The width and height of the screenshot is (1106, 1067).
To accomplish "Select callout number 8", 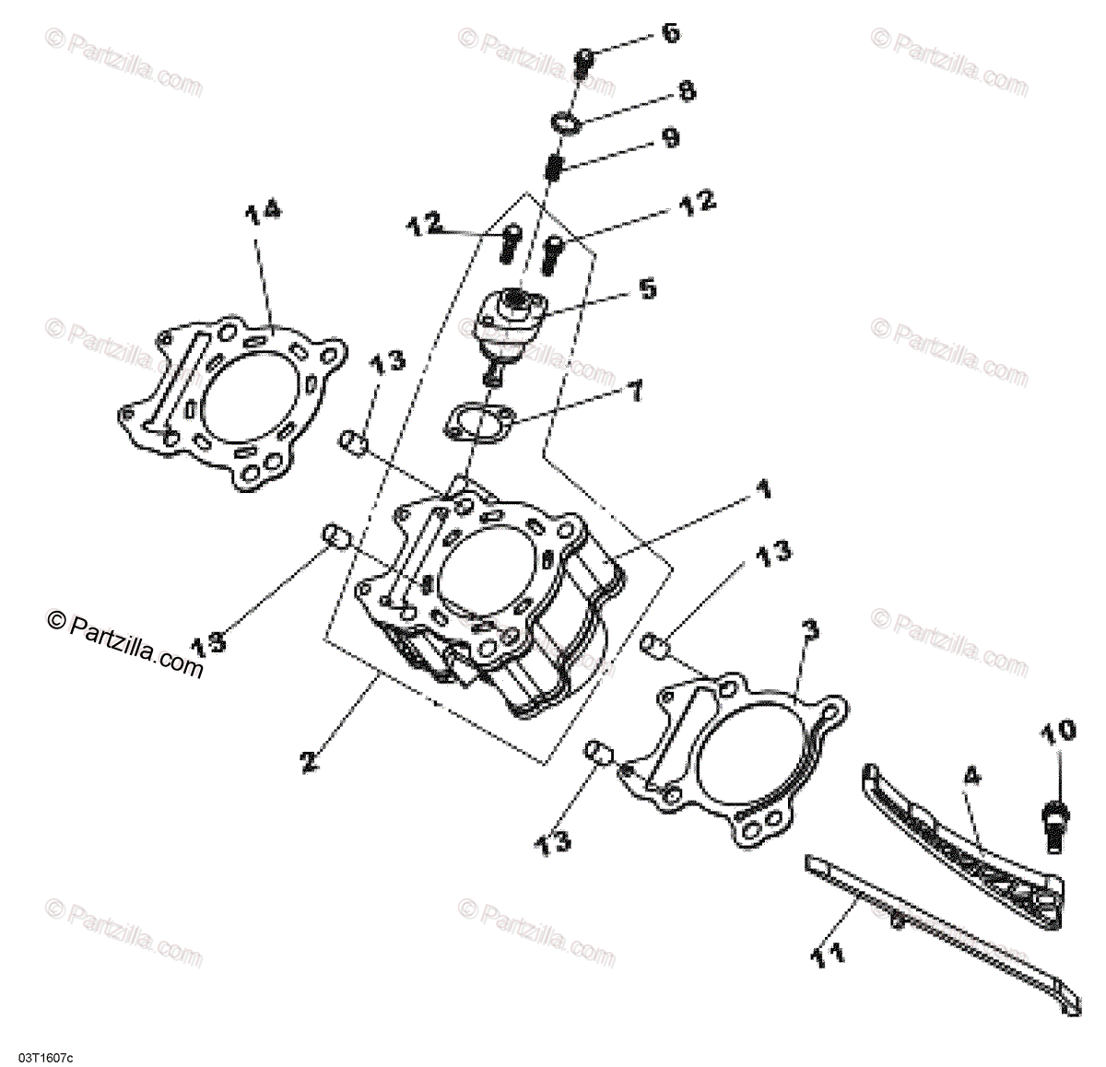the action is coord(687,91).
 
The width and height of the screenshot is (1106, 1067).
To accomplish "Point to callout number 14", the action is coord(263,214).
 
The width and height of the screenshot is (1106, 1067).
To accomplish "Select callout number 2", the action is coord(309,761).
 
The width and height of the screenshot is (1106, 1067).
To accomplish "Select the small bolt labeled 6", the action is coord(584,63).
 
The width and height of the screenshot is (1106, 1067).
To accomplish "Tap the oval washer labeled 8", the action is coord(565,123).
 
